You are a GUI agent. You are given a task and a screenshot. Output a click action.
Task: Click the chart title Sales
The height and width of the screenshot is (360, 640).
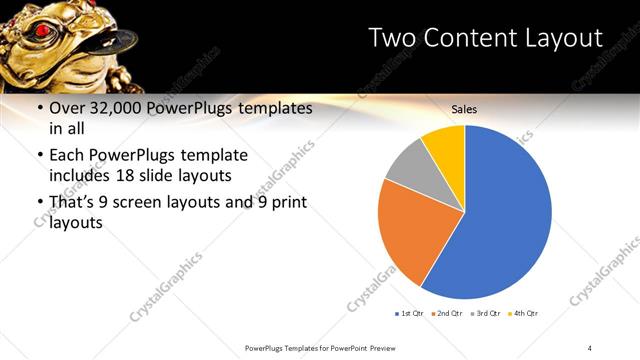[464, 108]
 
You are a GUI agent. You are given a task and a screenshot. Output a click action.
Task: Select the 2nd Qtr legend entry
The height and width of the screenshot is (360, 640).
[446, 313]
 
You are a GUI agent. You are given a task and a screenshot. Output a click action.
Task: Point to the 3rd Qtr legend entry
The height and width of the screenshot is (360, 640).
[485, 313]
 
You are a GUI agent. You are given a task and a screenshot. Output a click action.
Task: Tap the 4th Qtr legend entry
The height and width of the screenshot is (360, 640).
[523, 313]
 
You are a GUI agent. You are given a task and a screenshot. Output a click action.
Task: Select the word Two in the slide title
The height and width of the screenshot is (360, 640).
[392, 38]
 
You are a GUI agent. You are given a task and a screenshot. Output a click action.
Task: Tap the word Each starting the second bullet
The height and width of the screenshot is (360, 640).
[67, 156]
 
